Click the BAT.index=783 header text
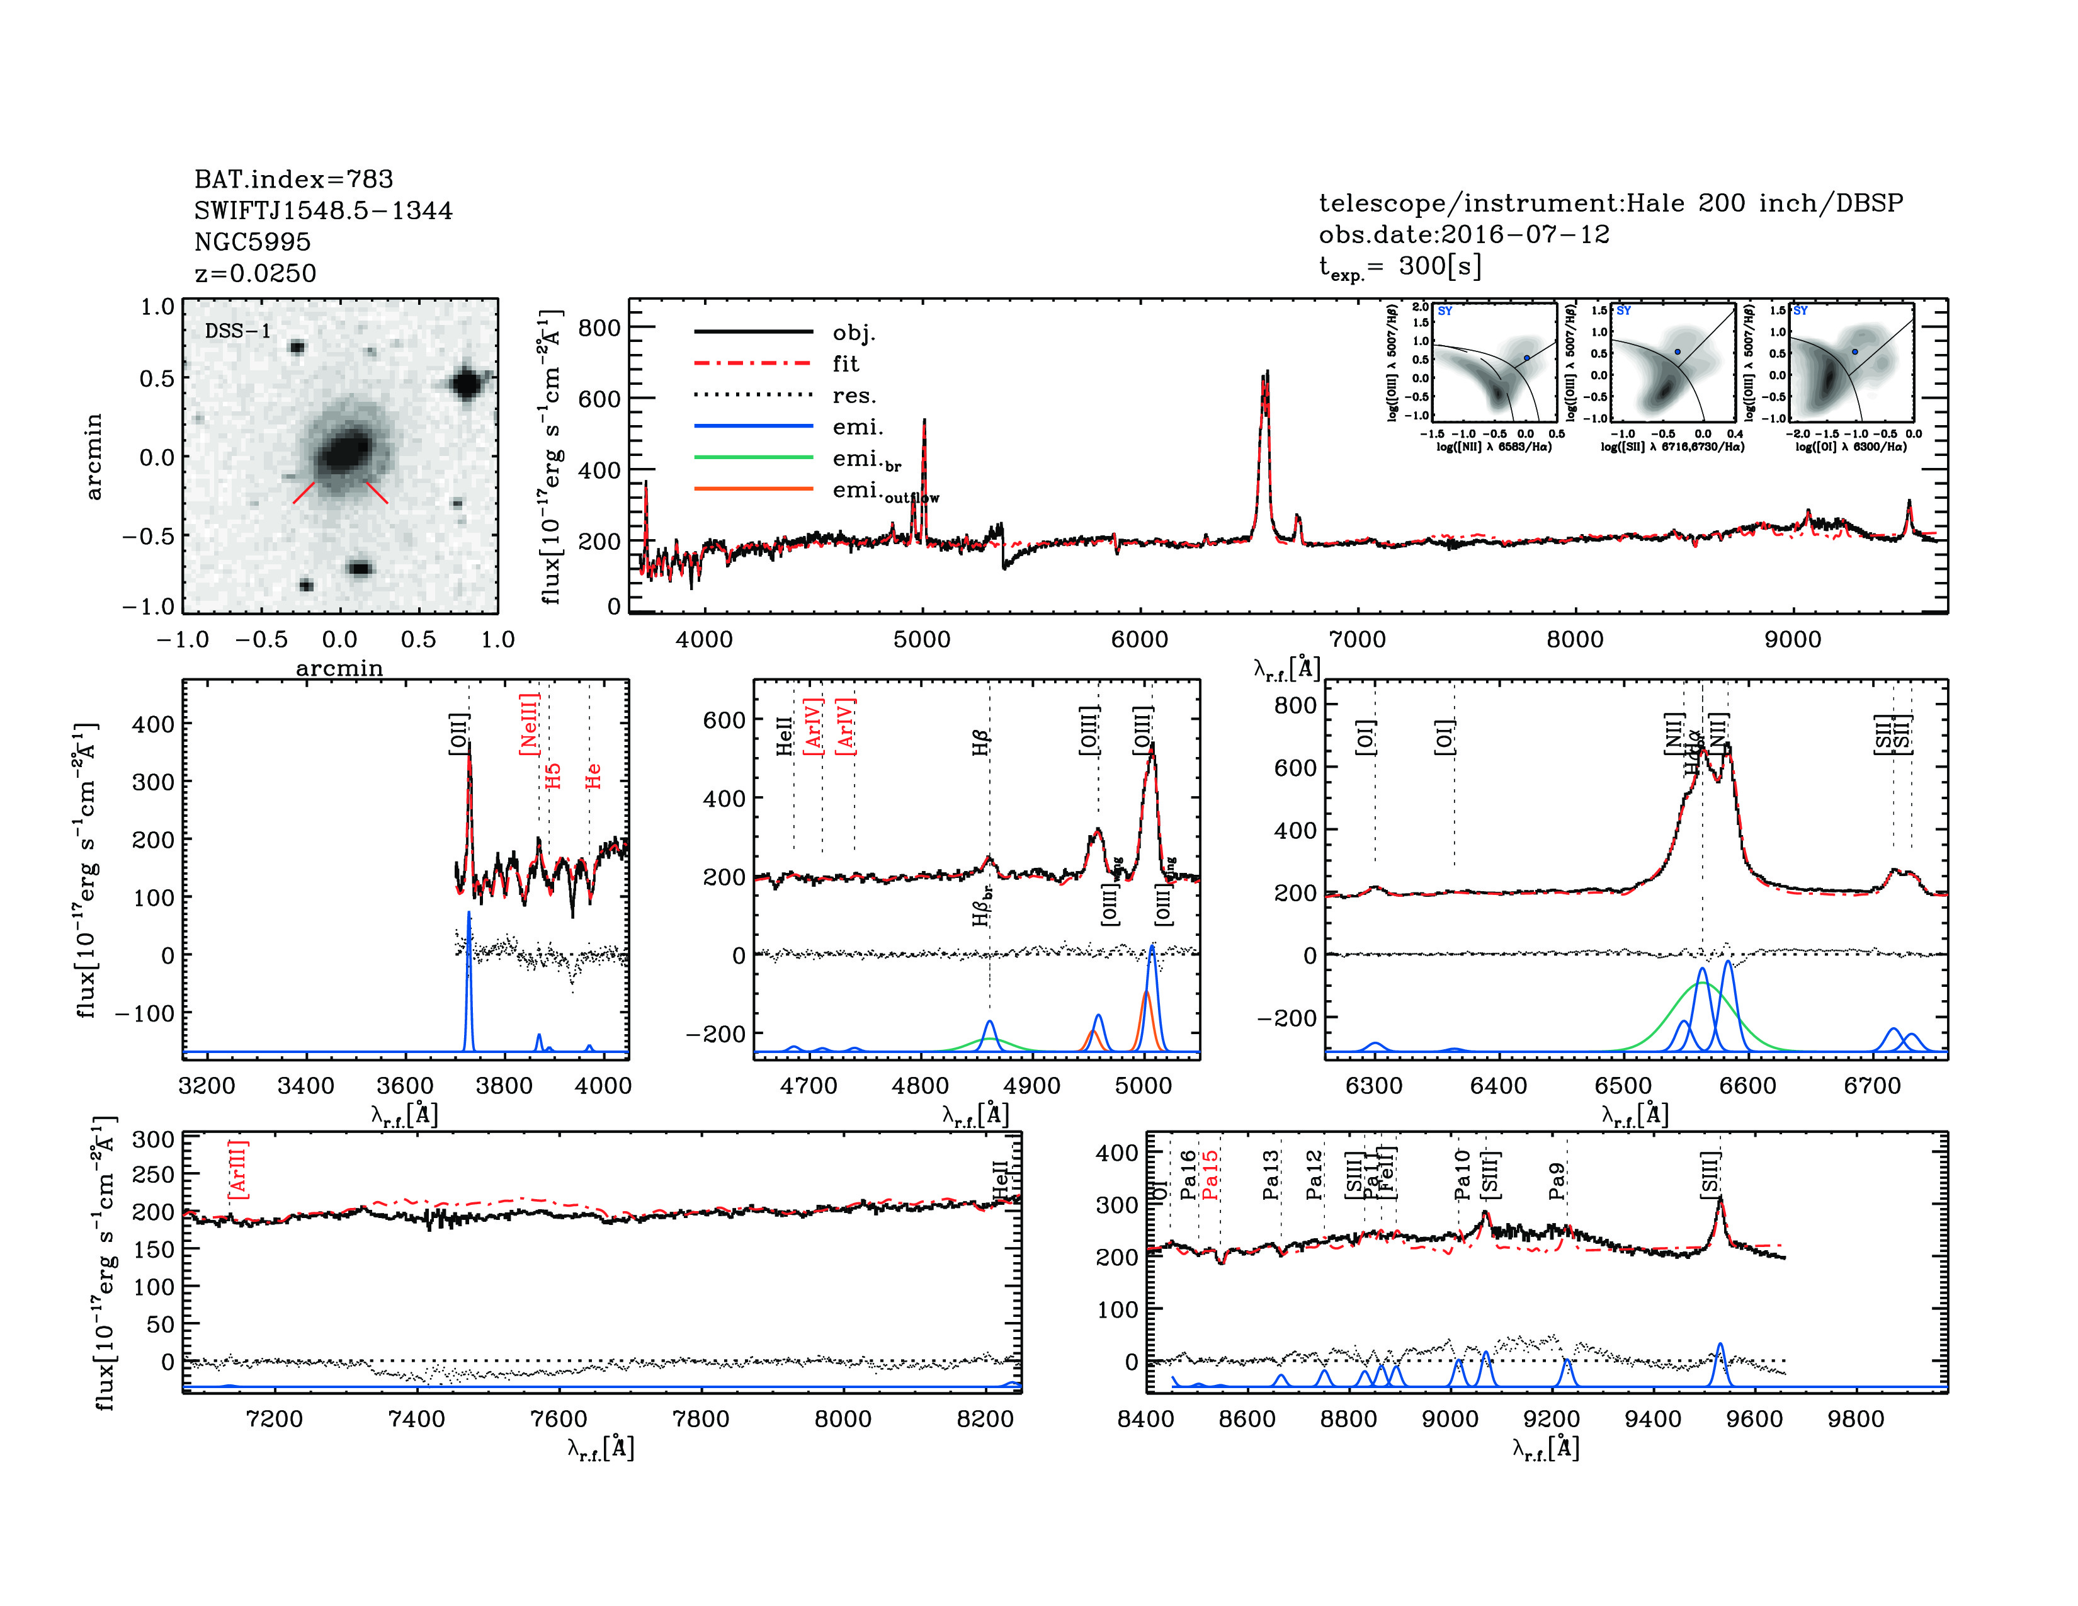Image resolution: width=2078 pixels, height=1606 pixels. click(293, 179)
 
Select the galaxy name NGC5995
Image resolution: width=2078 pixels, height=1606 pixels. click(252, 242)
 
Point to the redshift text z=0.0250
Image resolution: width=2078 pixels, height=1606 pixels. click(255, 273)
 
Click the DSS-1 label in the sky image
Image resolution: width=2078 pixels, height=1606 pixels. click(238, 331)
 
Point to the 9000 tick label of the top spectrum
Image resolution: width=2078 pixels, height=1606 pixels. click(1793, 639)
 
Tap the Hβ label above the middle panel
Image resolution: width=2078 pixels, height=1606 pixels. click(981, 742)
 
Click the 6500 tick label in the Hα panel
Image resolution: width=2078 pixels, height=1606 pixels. click(1623, 1086)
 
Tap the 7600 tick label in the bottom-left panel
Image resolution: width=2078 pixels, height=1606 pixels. click(559, 1418)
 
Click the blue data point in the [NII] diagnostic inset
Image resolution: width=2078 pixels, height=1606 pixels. click(1527, 358)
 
